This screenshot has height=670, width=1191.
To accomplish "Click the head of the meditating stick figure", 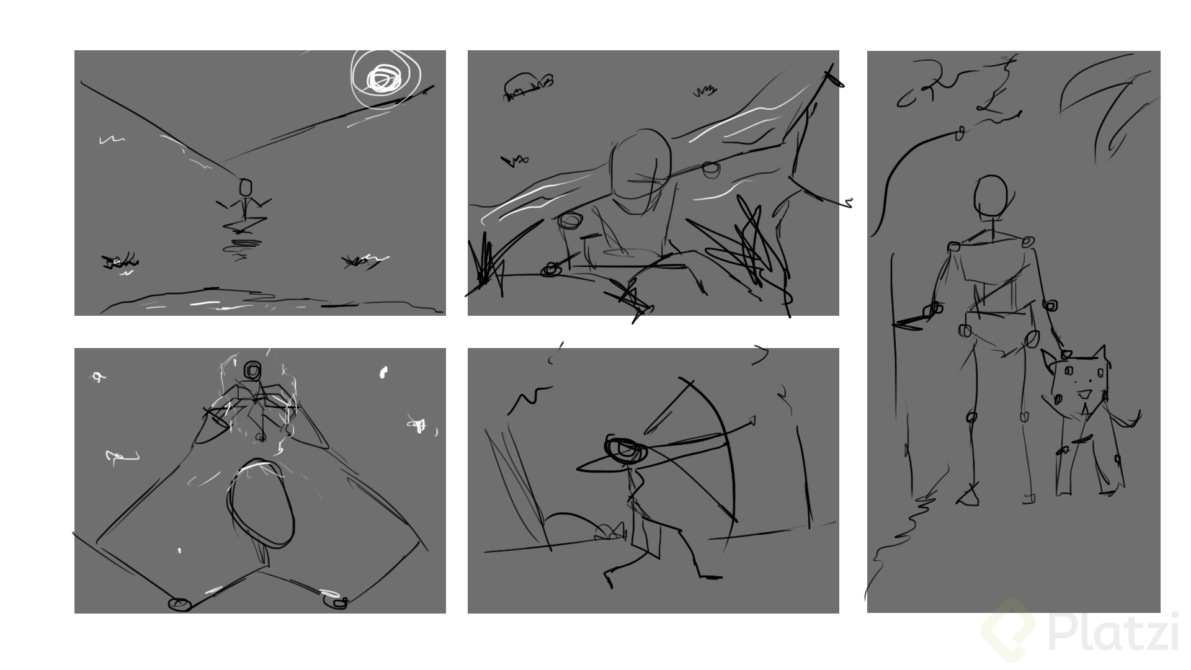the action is [x=246, y=187].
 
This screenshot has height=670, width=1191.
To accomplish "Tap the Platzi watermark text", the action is [x=1113, y=632].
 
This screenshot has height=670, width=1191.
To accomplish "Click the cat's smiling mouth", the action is [x=1084, y=393].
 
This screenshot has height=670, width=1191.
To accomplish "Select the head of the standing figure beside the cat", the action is [x=990, y=196].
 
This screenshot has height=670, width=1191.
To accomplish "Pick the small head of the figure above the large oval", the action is [x=252, y=370].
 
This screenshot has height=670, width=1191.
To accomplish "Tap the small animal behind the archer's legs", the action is [x=610, y=532].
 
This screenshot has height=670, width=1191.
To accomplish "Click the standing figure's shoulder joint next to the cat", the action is [x=1027, y=241].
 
